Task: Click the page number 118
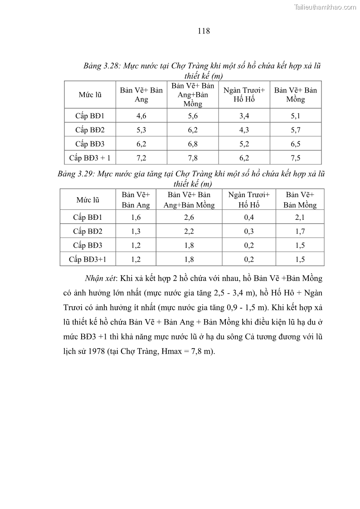pos(204,31)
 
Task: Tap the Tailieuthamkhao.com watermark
pos(325,7)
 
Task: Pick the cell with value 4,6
pos(141,116)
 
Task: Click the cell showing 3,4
pos(244,116)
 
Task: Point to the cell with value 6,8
pos(193,144)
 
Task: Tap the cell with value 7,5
pos(296,158)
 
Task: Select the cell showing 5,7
pos(296,130)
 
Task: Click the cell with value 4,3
pos(244,130)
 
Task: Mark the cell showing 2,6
pos(189,217)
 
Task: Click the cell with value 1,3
pos(136,231)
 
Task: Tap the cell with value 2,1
pos(300,217)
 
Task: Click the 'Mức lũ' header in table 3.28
pos(90,95)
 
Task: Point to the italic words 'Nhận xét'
pos(99,278)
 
